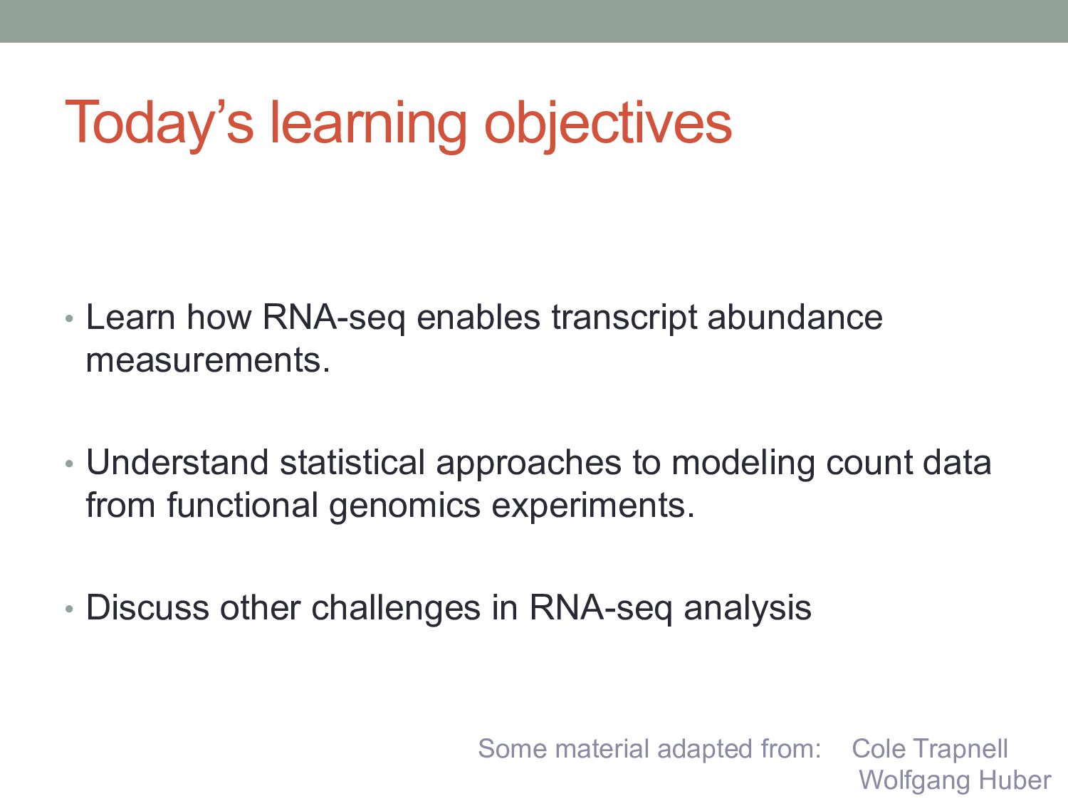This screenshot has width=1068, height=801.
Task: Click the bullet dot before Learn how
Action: point(69,319)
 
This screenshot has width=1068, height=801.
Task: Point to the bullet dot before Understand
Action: point(69,464)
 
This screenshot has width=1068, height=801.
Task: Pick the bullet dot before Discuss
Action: point(69,609)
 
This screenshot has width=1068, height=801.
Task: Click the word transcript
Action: point(624,319)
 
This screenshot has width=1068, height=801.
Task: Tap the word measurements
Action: point(208,360)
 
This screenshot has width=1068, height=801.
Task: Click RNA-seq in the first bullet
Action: point(334,319)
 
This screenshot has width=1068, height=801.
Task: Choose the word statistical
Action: point(352,462)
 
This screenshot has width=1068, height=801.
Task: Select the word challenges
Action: point(396,609)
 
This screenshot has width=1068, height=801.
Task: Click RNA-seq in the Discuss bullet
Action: point(601,609)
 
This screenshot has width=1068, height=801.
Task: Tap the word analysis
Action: point(748,609)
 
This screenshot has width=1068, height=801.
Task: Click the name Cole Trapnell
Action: point(930,749)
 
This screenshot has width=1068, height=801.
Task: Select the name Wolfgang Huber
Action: point(955,781)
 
